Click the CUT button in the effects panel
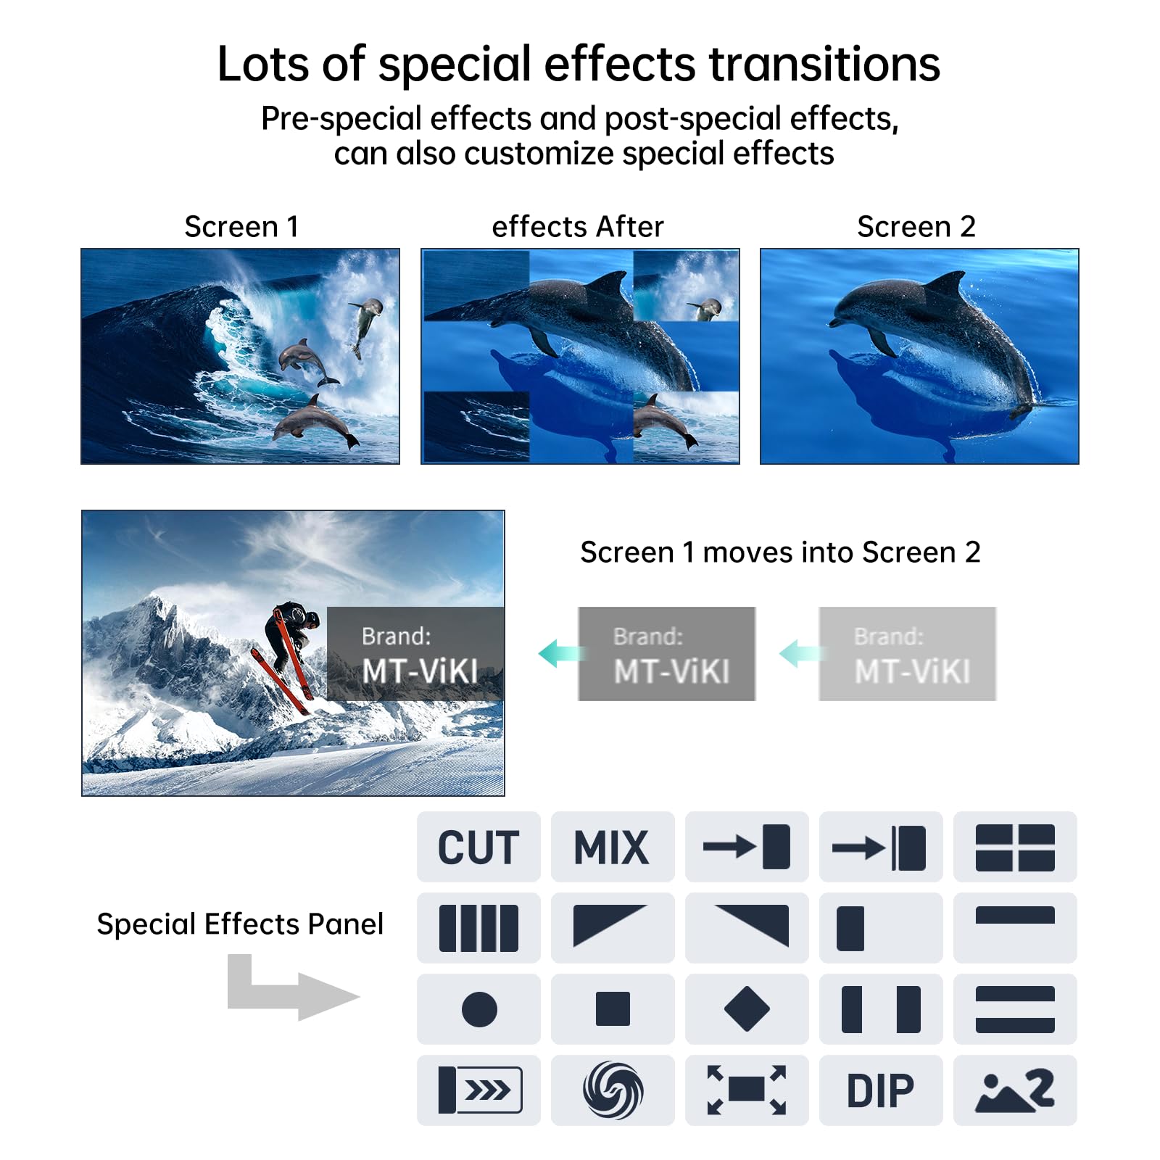(478, 847)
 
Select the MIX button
(612, 847)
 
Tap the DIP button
(880, 1090)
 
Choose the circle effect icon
(478, 1009)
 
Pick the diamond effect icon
(747, 1009)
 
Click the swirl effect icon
(613, 1090)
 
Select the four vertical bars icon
(478, 928)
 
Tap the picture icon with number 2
(1015, 1090)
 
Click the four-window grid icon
(1015, 847)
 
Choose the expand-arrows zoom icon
(747, 1090)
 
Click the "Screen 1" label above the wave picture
(241, 227)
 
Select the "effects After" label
(578, 227)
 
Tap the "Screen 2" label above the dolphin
(916, 227)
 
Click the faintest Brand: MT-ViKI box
(908, 654)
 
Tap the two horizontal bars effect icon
(1015, 1009)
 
